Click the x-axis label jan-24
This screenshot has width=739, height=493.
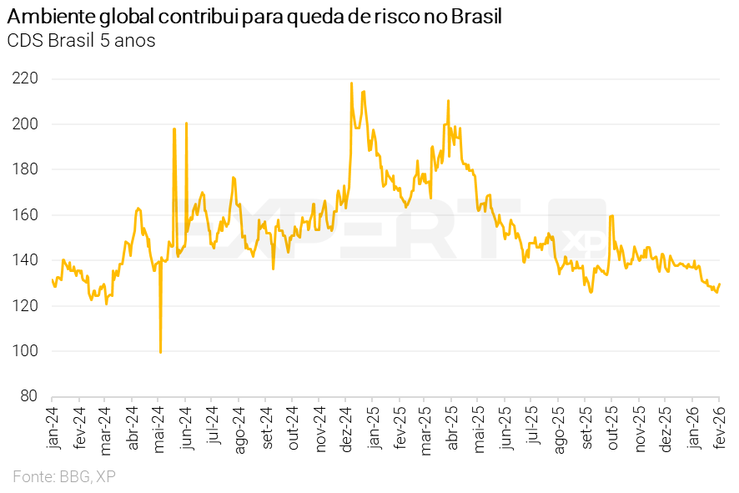tap(54, 428)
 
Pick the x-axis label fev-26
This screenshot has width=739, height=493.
tap(720, 428)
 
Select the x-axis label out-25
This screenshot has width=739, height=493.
tap(611, 428)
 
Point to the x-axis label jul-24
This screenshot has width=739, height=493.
tap(214, 428)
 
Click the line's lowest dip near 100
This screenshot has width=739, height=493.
tap(160, 352)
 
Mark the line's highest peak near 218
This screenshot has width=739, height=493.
tap(351, 83)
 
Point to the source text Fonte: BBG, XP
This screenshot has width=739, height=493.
tap(64, 476)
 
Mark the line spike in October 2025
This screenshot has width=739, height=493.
tap(611, 216)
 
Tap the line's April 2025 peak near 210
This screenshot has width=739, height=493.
tap(449, 101)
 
